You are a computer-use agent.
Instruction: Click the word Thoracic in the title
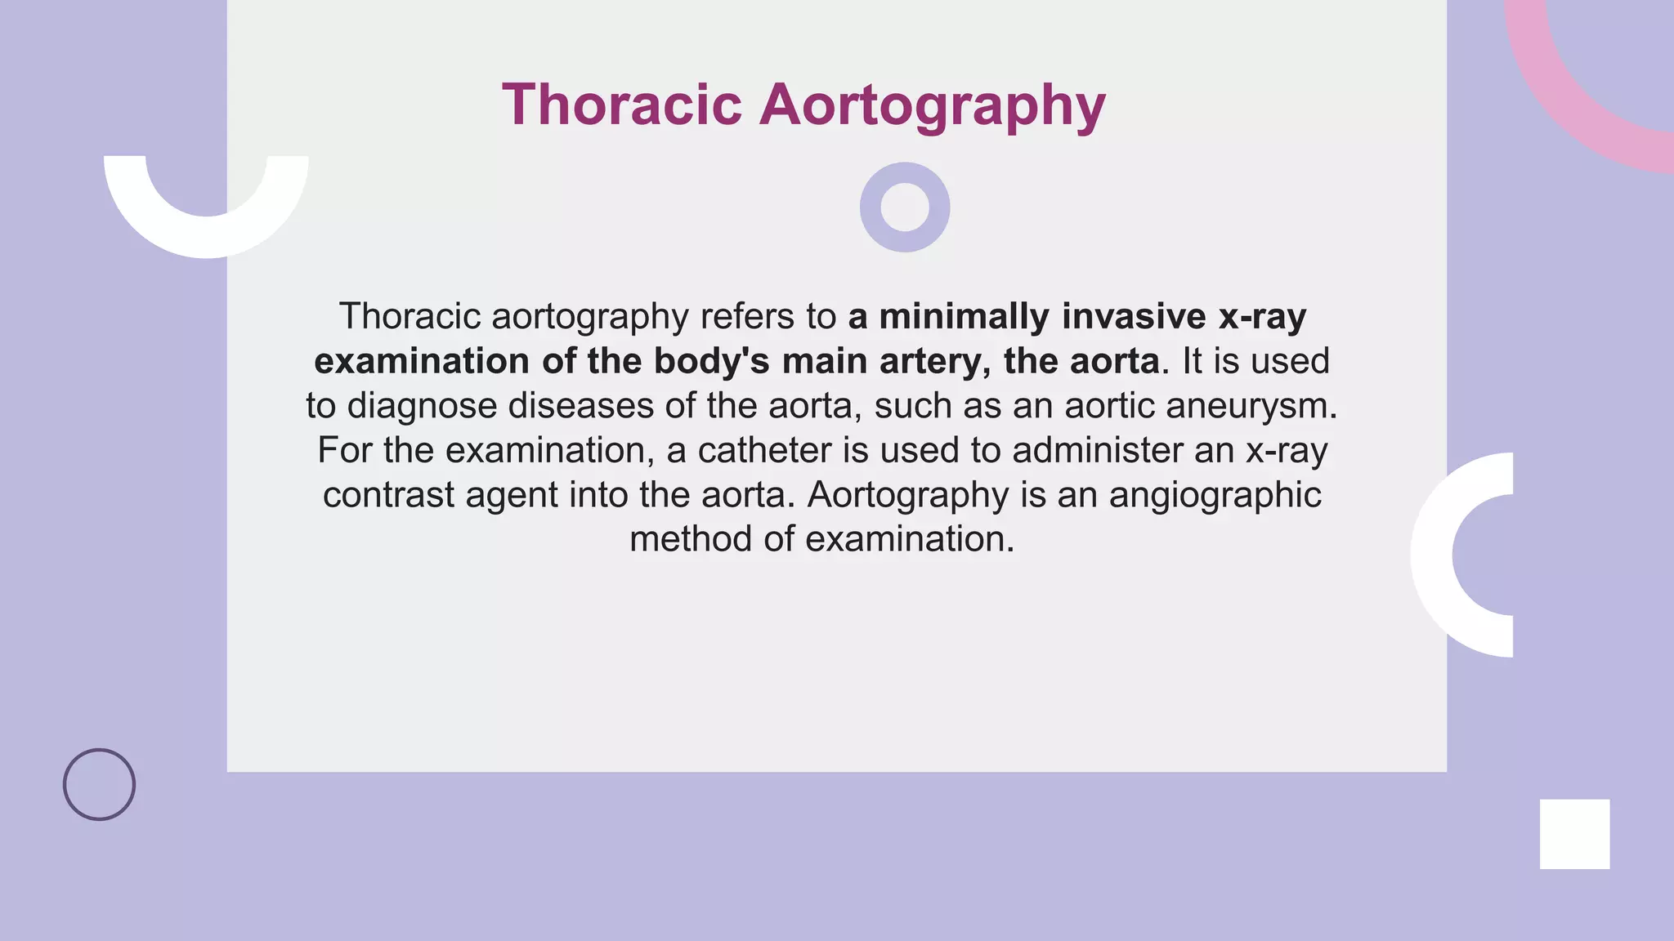click(x=622, y=105)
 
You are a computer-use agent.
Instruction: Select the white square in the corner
click(x=1574, y=834)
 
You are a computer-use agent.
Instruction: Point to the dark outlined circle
click(x=99, y=784)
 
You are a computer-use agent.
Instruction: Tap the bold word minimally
click(x=964, y=316)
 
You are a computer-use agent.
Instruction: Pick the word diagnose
click(x=422, y=406)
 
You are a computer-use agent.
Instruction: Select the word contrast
click(x=388, y=495)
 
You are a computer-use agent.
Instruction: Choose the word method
click(x=691, y=539)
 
